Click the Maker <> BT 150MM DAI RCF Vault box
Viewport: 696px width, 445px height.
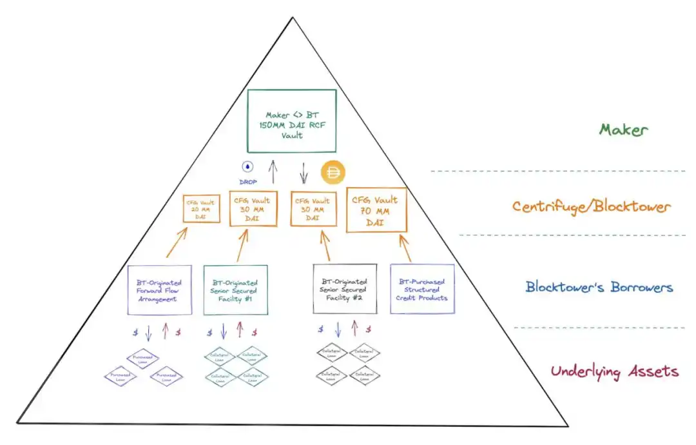292,121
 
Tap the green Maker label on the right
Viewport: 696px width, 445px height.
623,130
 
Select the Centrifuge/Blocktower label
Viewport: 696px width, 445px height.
591,207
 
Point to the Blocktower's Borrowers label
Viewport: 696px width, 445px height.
599,287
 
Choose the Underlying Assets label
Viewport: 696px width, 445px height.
614,371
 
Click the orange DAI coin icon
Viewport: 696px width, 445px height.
333,172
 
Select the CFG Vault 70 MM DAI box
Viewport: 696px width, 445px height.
376,209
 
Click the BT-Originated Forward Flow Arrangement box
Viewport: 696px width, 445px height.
159,290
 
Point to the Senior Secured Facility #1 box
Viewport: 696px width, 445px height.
235,290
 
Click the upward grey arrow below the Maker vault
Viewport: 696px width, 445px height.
273,171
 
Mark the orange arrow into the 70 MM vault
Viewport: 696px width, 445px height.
405,248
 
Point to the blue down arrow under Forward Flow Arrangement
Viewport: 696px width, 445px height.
149,332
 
